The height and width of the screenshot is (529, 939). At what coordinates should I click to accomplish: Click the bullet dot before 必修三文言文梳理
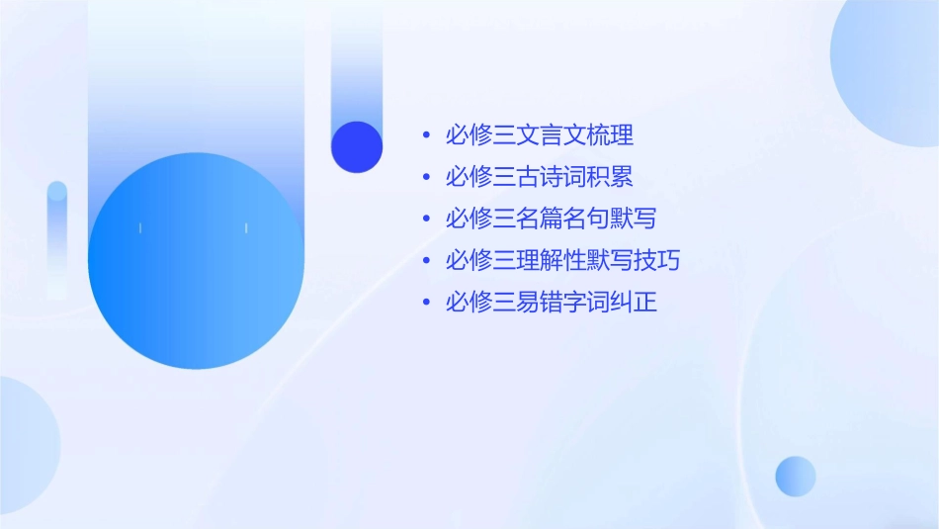425,135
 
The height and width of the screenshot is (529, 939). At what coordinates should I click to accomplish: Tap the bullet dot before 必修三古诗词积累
425,178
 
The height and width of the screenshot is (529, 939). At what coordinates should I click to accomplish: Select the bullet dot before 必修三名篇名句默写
425,220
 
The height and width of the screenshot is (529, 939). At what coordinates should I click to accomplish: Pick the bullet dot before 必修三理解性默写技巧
425,261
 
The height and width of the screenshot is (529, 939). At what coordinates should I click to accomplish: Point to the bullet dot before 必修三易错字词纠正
425,303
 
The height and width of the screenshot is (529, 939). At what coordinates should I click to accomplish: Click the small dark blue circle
357,146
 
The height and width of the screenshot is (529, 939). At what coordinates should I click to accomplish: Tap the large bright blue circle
196,261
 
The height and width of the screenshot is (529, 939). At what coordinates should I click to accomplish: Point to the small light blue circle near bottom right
796,476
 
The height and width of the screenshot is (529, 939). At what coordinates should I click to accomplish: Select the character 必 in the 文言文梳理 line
457,135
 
